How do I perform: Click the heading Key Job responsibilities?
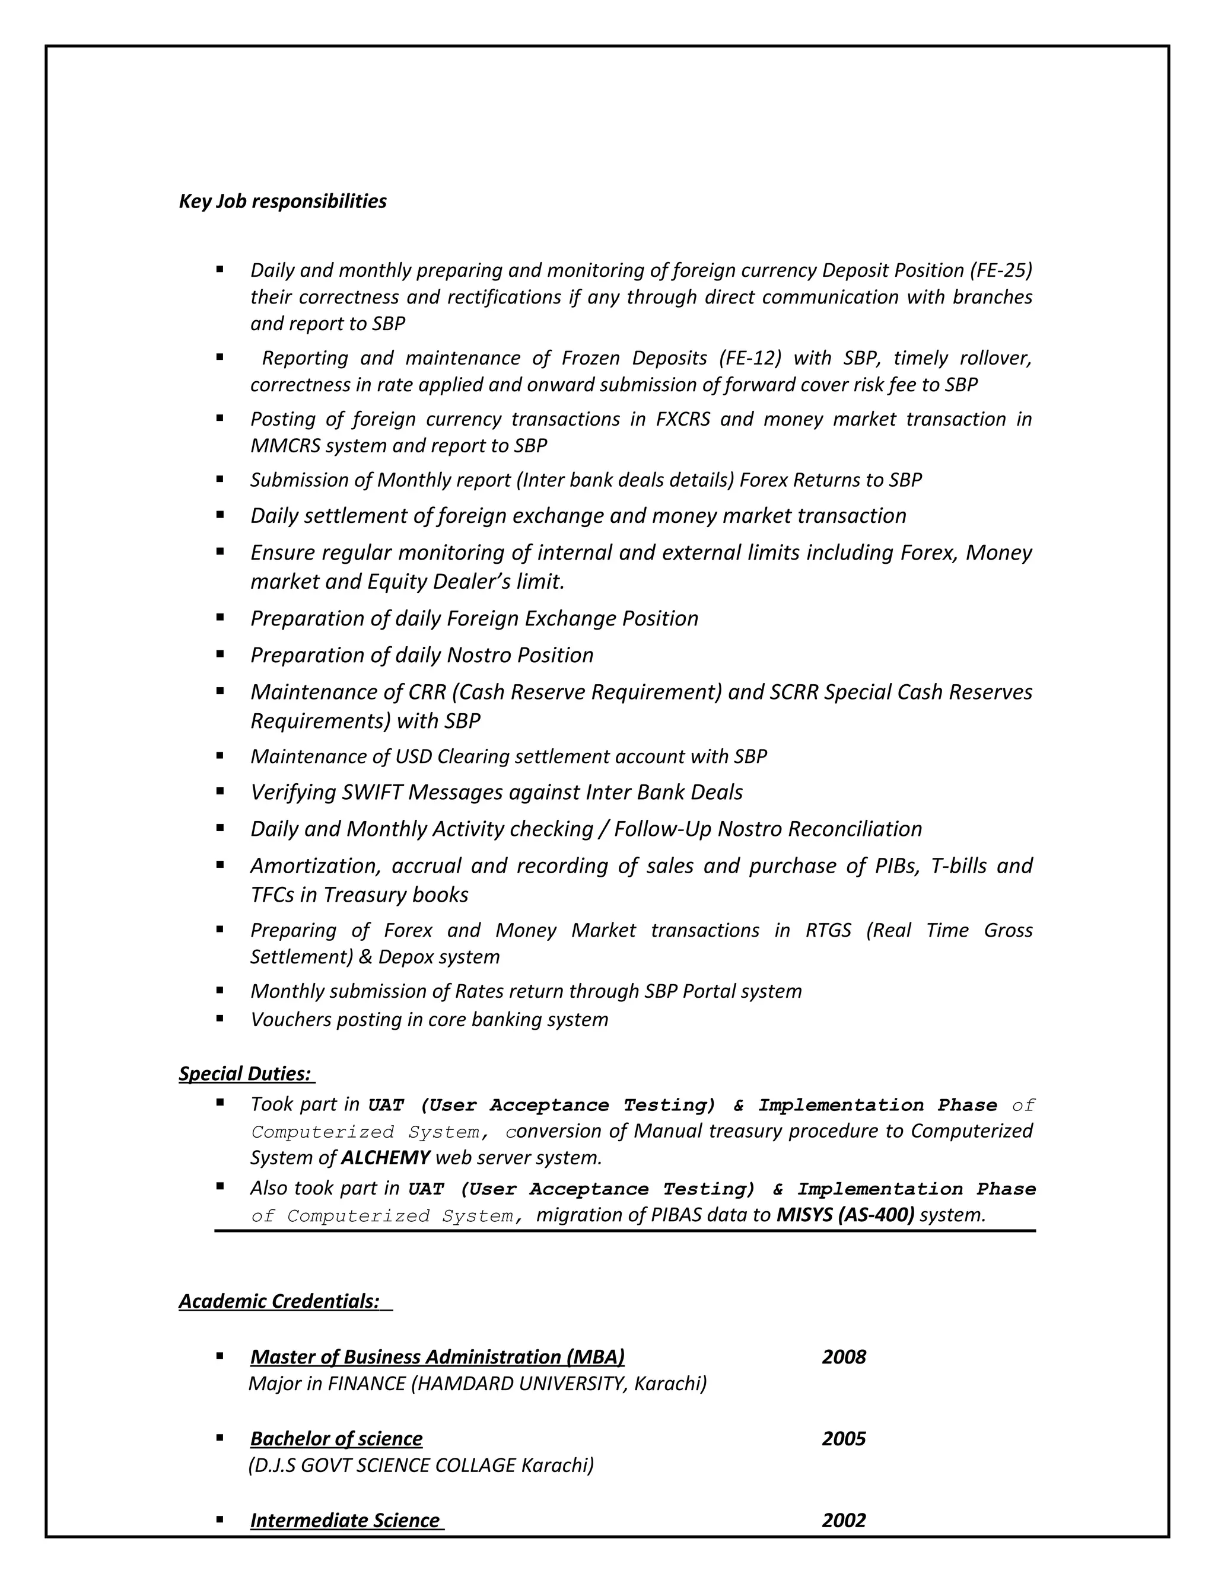282,202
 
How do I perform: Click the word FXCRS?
682,419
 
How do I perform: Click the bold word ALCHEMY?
385,1158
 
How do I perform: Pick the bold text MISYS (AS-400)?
845,1216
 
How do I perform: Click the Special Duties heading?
245,1074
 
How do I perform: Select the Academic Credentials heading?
279,1301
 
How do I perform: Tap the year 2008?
844,1358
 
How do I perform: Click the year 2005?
844,1439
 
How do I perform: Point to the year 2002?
844,1521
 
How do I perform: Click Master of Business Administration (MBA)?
437,1358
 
